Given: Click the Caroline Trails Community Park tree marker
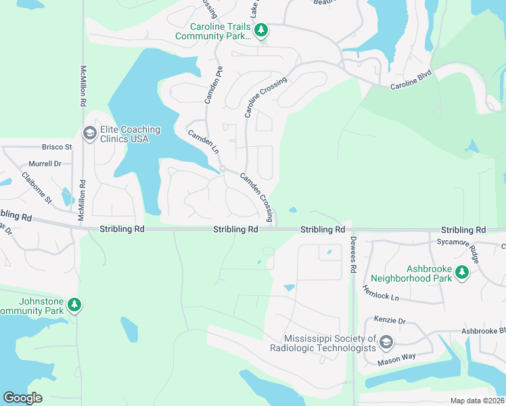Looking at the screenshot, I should tap(260, 30).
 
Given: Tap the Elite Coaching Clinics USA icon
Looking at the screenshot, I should tap(89, 134).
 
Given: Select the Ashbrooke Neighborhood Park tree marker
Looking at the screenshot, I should tap(462, 273).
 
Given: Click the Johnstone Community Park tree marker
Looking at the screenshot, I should tap(74, 306).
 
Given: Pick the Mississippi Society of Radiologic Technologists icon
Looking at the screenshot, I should tap(386, 342).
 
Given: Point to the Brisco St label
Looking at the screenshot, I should tap(57, 147).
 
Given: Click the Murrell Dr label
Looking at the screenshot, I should tap(45, 164).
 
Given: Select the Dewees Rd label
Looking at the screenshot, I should tap(353, 254).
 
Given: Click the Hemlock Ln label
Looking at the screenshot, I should tap(380, 292).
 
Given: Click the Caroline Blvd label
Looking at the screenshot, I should tap(411, 87).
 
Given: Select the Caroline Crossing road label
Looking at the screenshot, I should tap(266, 97).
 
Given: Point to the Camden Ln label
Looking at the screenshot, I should tap(203, 141).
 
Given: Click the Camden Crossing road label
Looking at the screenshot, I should tap(257, 197).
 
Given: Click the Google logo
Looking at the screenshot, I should tap(22, 398).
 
